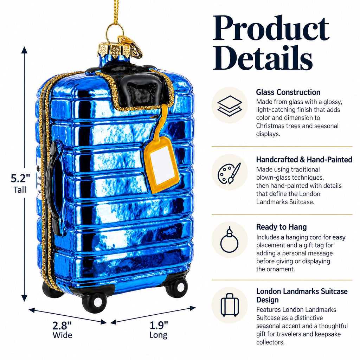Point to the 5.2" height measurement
(x=20, y=178)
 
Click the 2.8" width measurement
(x=62, y=325)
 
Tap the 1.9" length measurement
(x=159, y=325)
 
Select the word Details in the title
(x=263, y=58)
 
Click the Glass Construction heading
(x=288, y=92)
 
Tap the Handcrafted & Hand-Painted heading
(x=304, y=160)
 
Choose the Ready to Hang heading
(x=281, y=227)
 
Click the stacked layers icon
(x=229, y=105)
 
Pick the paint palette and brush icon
(x=229, y=173)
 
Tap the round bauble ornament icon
(x=229, y=239)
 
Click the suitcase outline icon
(x=230, y=305)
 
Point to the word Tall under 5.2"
(x=20, y=190)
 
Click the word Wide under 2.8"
(x=62, y=335)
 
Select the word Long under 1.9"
(x=158, y=335)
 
